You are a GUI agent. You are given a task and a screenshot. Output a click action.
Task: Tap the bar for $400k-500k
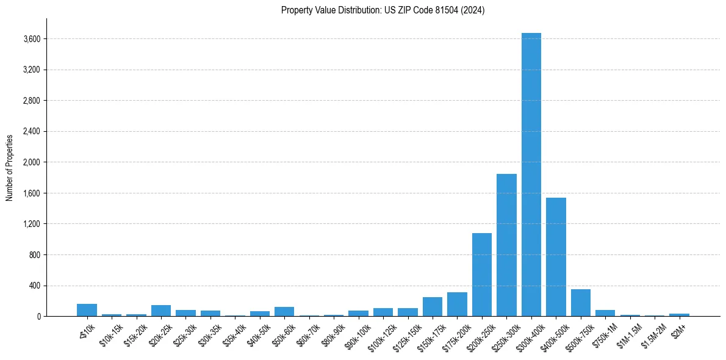[x=556, y=257]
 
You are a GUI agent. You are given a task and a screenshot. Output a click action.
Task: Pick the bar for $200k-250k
[x=482, y=275]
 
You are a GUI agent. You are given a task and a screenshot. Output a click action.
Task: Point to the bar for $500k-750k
[x=580, y=303]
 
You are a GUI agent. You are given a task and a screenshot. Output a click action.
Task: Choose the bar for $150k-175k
[x=433, y=307]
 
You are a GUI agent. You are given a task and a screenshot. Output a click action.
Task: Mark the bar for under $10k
[x=87, y=310]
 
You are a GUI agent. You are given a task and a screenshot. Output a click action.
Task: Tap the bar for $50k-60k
[x=284, y=312]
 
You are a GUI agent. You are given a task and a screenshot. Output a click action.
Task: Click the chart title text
[x=383, y=10]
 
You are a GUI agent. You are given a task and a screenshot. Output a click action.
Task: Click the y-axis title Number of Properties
[x=10, y=167]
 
